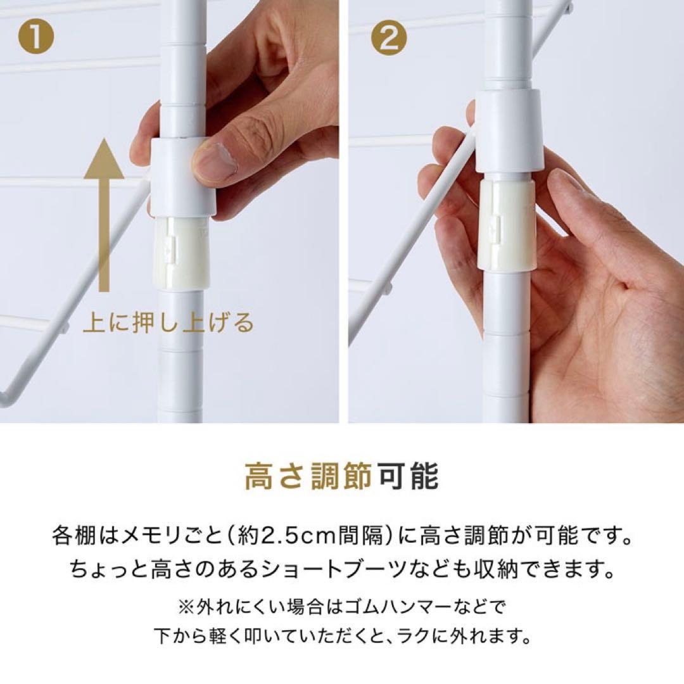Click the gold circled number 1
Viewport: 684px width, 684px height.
37,39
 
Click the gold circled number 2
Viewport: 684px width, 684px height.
389,39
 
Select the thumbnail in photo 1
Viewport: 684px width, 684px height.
214,161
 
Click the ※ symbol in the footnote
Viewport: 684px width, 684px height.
186,606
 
